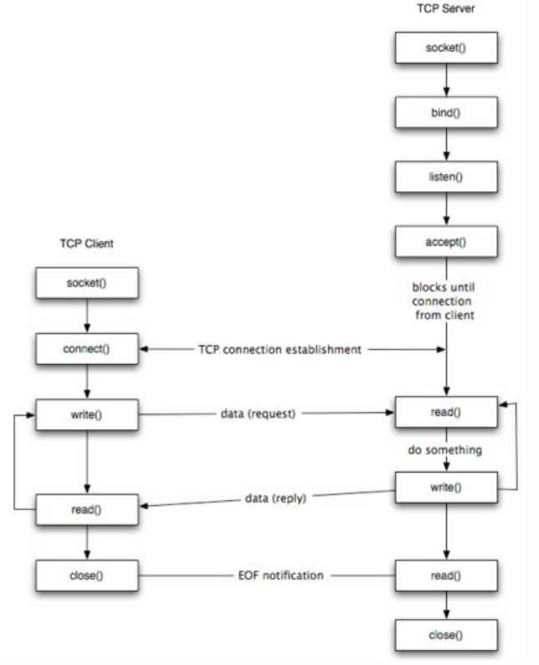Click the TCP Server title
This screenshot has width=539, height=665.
[x=445, y=8]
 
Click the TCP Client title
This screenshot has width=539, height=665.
[x=86, y=243]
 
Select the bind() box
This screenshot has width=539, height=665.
[x=446, y=112]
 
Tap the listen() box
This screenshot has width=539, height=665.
[x=446, y=176]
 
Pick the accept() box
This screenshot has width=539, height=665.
[x=446, y=242]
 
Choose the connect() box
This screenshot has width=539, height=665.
[x=87, y=349]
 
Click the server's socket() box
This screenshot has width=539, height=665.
[x=446, y=48]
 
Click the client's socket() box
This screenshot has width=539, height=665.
[x=87, y=283]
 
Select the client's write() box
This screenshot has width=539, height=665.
[x=87, y=415]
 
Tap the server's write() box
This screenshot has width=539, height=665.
[x=446, y=488]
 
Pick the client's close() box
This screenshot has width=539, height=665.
[x=87, y=575]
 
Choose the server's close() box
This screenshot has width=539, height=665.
[x=446, y=635]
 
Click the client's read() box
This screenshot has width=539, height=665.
[x=87, y=509]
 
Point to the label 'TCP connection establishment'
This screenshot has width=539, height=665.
[x=280, y=350]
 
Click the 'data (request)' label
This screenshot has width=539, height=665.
[x=258, y=413]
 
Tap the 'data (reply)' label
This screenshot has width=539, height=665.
[x=275, y=498]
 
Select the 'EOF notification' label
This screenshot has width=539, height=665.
[x=281, y=575]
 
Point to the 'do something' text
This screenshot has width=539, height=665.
[x=444, y=450]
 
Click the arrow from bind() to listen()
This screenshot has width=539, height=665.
[x=446, y=144]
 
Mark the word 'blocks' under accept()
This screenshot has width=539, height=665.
[x=427, y=287]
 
